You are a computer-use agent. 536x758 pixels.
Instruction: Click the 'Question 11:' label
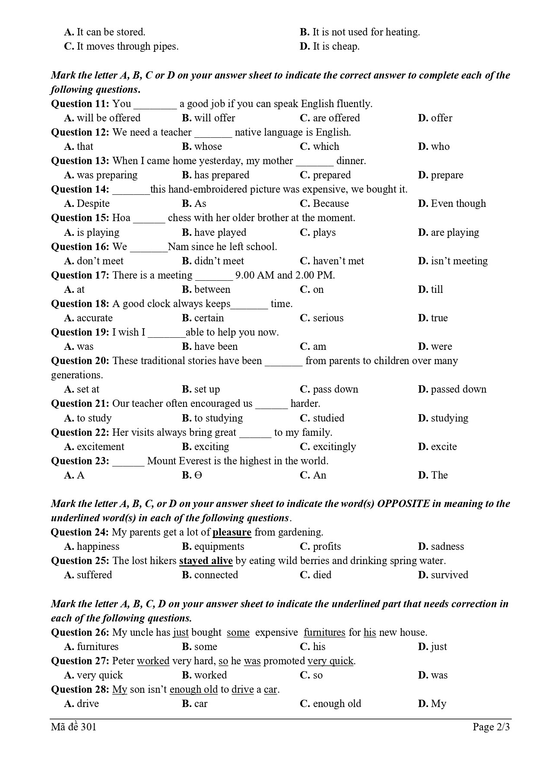coord(80,104)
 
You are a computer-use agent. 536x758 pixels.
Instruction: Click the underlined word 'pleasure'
coord(232,532)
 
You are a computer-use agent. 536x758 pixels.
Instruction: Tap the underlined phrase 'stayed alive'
coord(206,561)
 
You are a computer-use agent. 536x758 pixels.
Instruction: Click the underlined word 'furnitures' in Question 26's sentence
coord(324,632)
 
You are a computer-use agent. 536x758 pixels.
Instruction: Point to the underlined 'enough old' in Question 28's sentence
coord(193,689)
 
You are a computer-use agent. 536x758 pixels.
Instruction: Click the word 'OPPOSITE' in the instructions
coord(403,504)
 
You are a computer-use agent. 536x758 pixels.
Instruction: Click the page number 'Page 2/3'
coord(491,727)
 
